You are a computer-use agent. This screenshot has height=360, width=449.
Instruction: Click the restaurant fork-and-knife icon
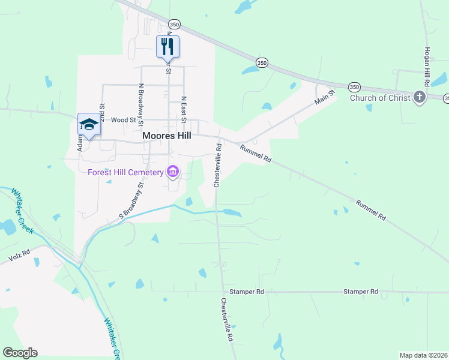coord(168,46)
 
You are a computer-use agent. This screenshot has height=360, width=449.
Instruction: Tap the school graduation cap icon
coord(89,124)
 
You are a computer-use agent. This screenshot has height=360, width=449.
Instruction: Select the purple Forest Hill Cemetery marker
coord(173,172)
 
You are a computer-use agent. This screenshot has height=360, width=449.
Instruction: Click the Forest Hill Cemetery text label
coord(125,173)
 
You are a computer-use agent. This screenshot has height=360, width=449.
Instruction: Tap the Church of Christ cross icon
coord(419,97)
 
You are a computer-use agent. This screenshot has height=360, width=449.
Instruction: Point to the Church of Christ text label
coord(379,98)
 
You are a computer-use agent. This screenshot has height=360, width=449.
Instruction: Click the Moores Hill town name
coord(167,136)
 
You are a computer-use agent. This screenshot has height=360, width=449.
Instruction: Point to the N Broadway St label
coord(141,102)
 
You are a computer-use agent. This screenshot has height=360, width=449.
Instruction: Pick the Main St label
coord(324,95)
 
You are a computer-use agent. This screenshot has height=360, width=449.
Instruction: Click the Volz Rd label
coord(19,257)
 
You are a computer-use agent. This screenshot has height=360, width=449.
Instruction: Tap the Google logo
coord(20,353)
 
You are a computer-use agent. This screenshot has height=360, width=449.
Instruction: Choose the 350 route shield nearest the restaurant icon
coord(174,24)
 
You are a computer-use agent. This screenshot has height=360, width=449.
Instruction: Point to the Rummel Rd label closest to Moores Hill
coord(256,154)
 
